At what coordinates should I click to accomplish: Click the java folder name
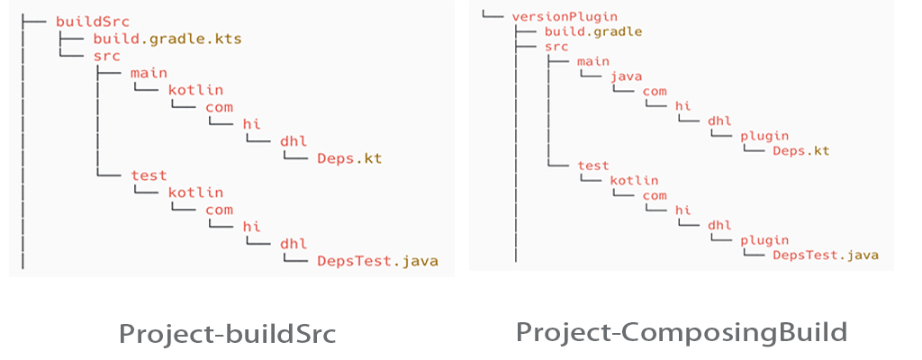pos(626,76)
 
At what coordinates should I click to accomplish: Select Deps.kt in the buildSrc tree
pos(349,158)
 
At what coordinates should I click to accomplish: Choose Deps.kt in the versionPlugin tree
pos(800,150)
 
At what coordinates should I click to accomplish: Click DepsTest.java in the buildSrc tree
pos(377,262)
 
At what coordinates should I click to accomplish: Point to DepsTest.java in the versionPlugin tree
pos(826,255)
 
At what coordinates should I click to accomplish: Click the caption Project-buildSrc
pos(228,335)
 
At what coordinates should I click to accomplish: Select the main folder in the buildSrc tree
pos(149,72)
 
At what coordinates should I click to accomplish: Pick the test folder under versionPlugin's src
pos(593,166)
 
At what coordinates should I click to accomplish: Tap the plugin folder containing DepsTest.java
pos(764,240)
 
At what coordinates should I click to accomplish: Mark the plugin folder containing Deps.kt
pos(764,136)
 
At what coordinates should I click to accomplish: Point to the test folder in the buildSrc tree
pos(149,175)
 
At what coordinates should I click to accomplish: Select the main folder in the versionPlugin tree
pos(593,61)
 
